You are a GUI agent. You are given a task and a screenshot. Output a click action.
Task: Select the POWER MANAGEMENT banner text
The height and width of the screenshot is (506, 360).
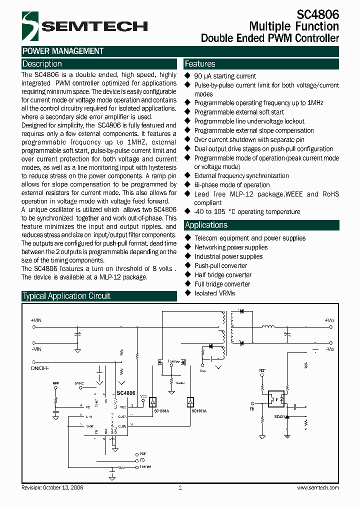[63, 51]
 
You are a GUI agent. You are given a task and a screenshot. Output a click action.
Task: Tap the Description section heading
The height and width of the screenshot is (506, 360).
[42, 64]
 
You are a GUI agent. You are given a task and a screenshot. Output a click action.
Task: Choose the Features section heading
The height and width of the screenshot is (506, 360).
[200, 64]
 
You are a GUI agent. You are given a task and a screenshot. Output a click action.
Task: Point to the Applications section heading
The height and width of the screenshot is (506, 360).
[206, 225]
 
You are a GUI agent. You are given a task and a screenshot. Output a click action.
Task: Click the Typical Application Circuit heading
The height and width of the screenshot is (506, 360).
[66, 296]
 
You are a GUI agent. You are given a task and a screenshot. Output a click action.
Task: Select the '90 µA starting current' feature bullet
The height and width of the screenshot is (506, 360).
[225, 76]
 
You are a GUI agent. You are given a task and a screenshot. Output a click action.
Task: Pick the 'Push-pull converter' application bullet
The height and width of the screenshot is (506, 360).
[220, 265]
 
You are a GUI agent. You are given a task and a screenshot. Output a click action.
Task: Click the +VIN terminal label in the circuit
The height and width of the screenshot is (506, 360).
[36, 319]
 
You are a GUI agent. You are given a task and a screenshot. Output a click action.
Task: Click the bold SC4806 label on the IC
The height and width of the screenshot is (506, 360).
[126, 393]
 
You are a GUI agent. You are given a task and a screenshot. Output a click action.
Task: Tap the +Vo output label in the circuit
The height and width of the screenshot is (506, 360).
[328, 319]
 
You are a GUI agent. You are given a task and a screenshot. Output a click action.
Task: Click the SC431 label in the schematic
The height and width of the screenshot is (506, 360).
[279, 416]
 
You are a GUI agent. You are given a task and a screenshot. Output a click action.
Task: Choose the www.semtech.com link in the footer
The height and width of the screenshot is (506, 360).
[318, 487]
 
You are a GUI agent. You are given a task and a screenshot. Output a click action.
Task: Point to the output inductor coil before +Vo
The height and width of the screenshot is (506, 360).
[268, 328]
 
